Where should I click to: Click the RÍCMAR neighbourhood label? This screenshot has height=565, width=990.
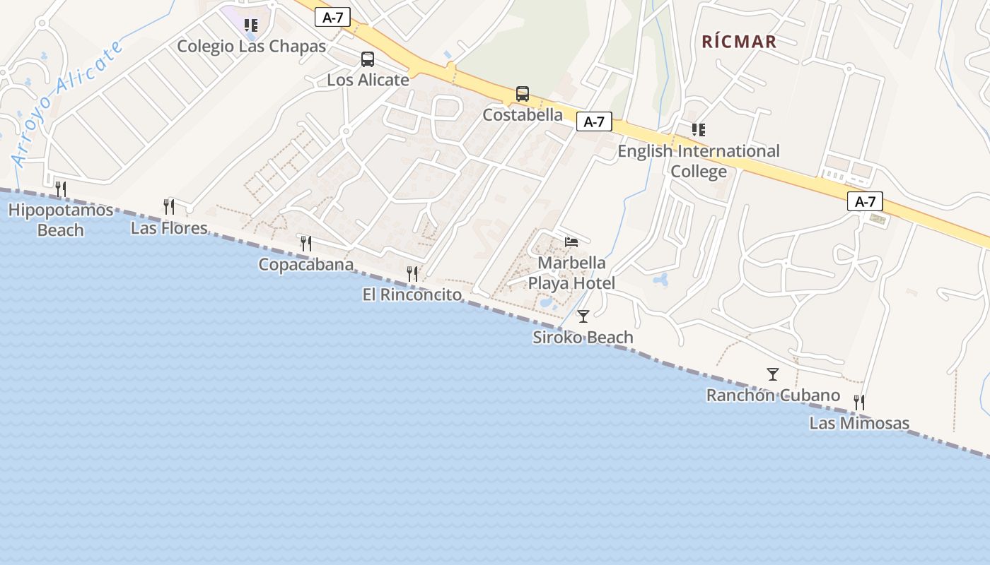click(x=739, y=42)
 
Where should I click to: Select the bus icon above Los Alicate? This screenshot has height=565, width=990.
click(x=368, y=59)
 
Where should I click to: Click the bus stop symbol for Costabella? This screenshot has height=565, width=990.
click(x=523, y=94)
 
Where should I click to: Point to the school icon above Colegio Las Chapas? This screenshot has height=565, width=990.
click(x=251, y=26)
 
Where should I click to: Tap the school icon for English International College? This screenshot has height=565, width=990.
click(x=699, y=130)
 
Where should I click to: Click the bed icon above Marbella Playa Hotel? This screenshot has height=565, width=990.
click(x=571, y=242)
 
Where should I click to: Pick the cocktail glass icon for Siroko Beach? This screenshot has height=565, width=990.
click(x=583, y=316)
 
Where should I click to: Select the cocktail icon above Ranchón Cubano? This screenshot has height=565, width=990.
click(x=773, y=374)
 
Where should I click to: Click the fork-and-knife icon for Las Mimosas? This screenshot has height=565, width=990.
click(x=859, y=403)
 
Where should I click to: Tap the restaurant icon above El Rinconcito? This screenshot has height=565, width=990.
click(x=412, y=274)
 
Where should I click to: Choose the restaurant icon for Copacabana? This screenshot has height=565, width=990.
click(x=306, y=244)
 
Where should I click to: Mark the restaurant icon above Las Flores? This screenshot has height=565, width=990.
click(x=169, y=206)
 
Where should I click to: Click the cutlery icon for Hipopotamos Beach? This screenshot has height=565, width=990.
click(x=61, y=189)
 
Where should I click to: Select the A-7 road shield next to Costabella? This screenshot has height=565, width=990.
click(x=594, y=121)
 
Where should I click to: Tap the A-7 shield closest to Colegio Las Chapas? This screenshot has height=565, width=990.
click(x=332, y=18)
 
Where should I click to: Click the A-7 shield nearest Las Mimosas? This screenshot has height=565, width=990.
click(x=865, y=201)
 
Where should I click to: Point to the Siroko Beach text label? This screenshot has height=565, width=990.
click(x=583, y=338)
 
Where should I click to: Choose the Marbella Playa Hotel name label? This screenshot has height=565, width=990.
click(x=571, y=273)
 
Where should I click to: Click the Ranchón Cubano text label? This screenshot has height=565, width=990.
click(x=773, y=395)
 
